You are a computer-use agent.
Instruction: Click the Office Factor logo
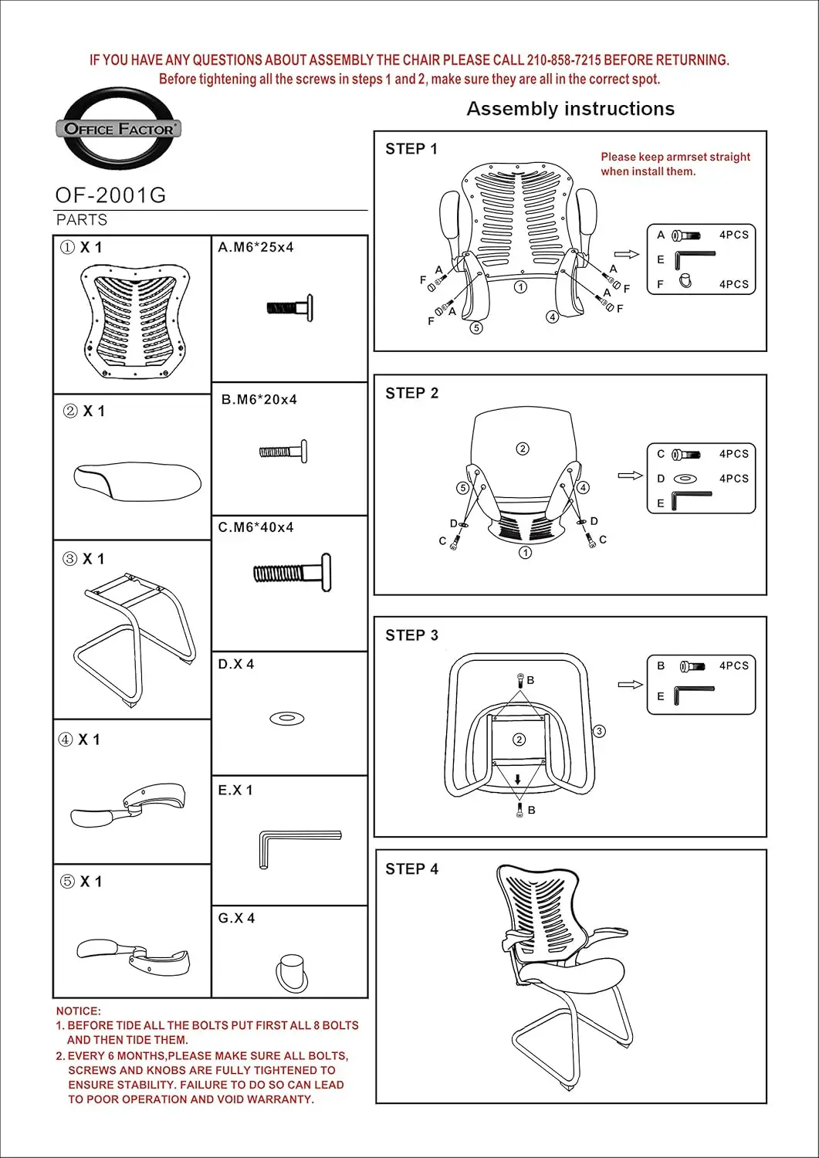point(118,128)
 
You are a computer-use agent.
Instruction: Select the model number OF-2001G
point(110,195)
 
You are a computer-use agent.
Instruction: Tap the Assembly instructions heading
point(570,109)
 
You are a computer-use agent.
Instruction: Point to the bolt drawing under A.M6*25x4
point(289,306)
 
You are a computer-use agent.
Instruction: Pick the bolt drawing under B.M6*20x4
point(283,452)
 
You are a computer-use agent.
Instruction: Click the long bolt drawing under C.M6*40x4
point(293,573)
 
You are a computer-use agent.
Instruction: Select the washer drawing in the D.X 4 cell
point(286,719)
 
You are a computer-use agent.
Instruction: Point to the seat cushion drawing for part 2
point(137,478)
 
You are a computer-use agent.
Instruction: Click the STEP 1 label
point(411,149)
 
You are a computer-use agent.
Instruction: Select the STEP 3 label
point(411,635)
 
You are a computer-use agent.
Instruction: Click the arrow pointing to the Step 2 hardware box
point(630,476)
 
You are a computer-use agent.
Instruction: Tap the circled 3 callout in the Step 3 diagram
point(599,731)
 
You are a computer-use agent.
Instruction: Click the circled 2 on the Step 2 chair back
point(523,449)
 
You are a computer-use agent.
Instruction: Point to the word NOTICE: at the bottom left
point(78,1011)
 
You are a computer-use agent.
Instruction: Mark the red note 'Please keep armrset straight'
point(675,157)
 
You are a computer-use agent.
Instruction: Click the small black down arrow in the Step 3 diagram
point(518,780)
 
